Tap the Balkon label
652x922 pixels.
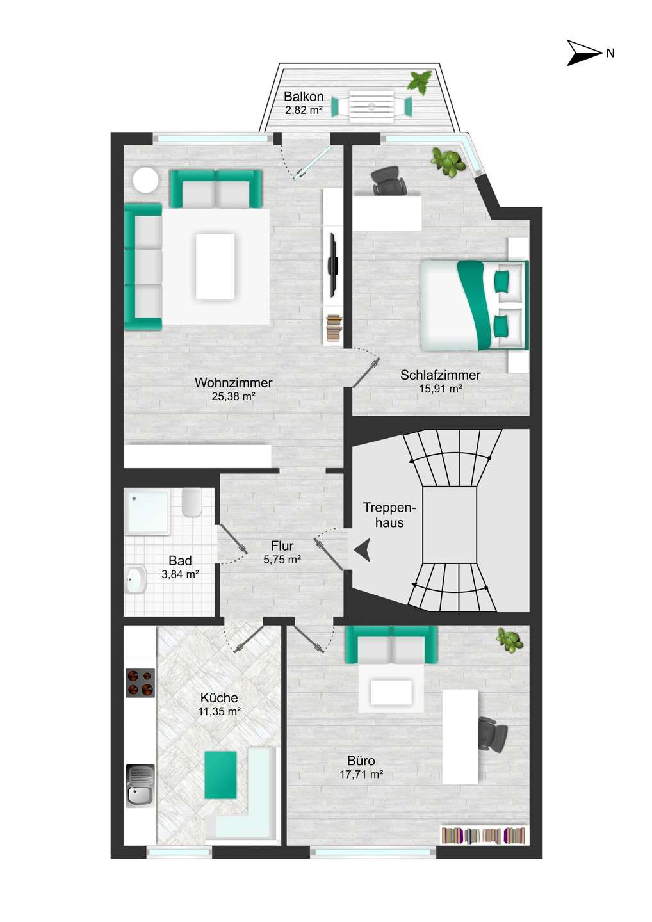(304, 97)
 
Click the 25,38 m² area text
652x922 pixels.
(233, 396)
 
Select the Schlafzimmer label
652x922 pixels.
(440, 375)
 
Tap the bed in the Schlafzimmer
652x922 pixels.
(474, 305)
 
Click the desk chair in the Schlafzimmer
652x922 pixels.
(389, 181)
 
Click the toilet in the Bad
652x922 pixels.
(192, 502)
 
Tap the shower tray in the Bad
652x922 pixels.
(147, 512)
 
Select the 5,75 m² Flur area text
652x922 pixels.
(282, 560)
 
